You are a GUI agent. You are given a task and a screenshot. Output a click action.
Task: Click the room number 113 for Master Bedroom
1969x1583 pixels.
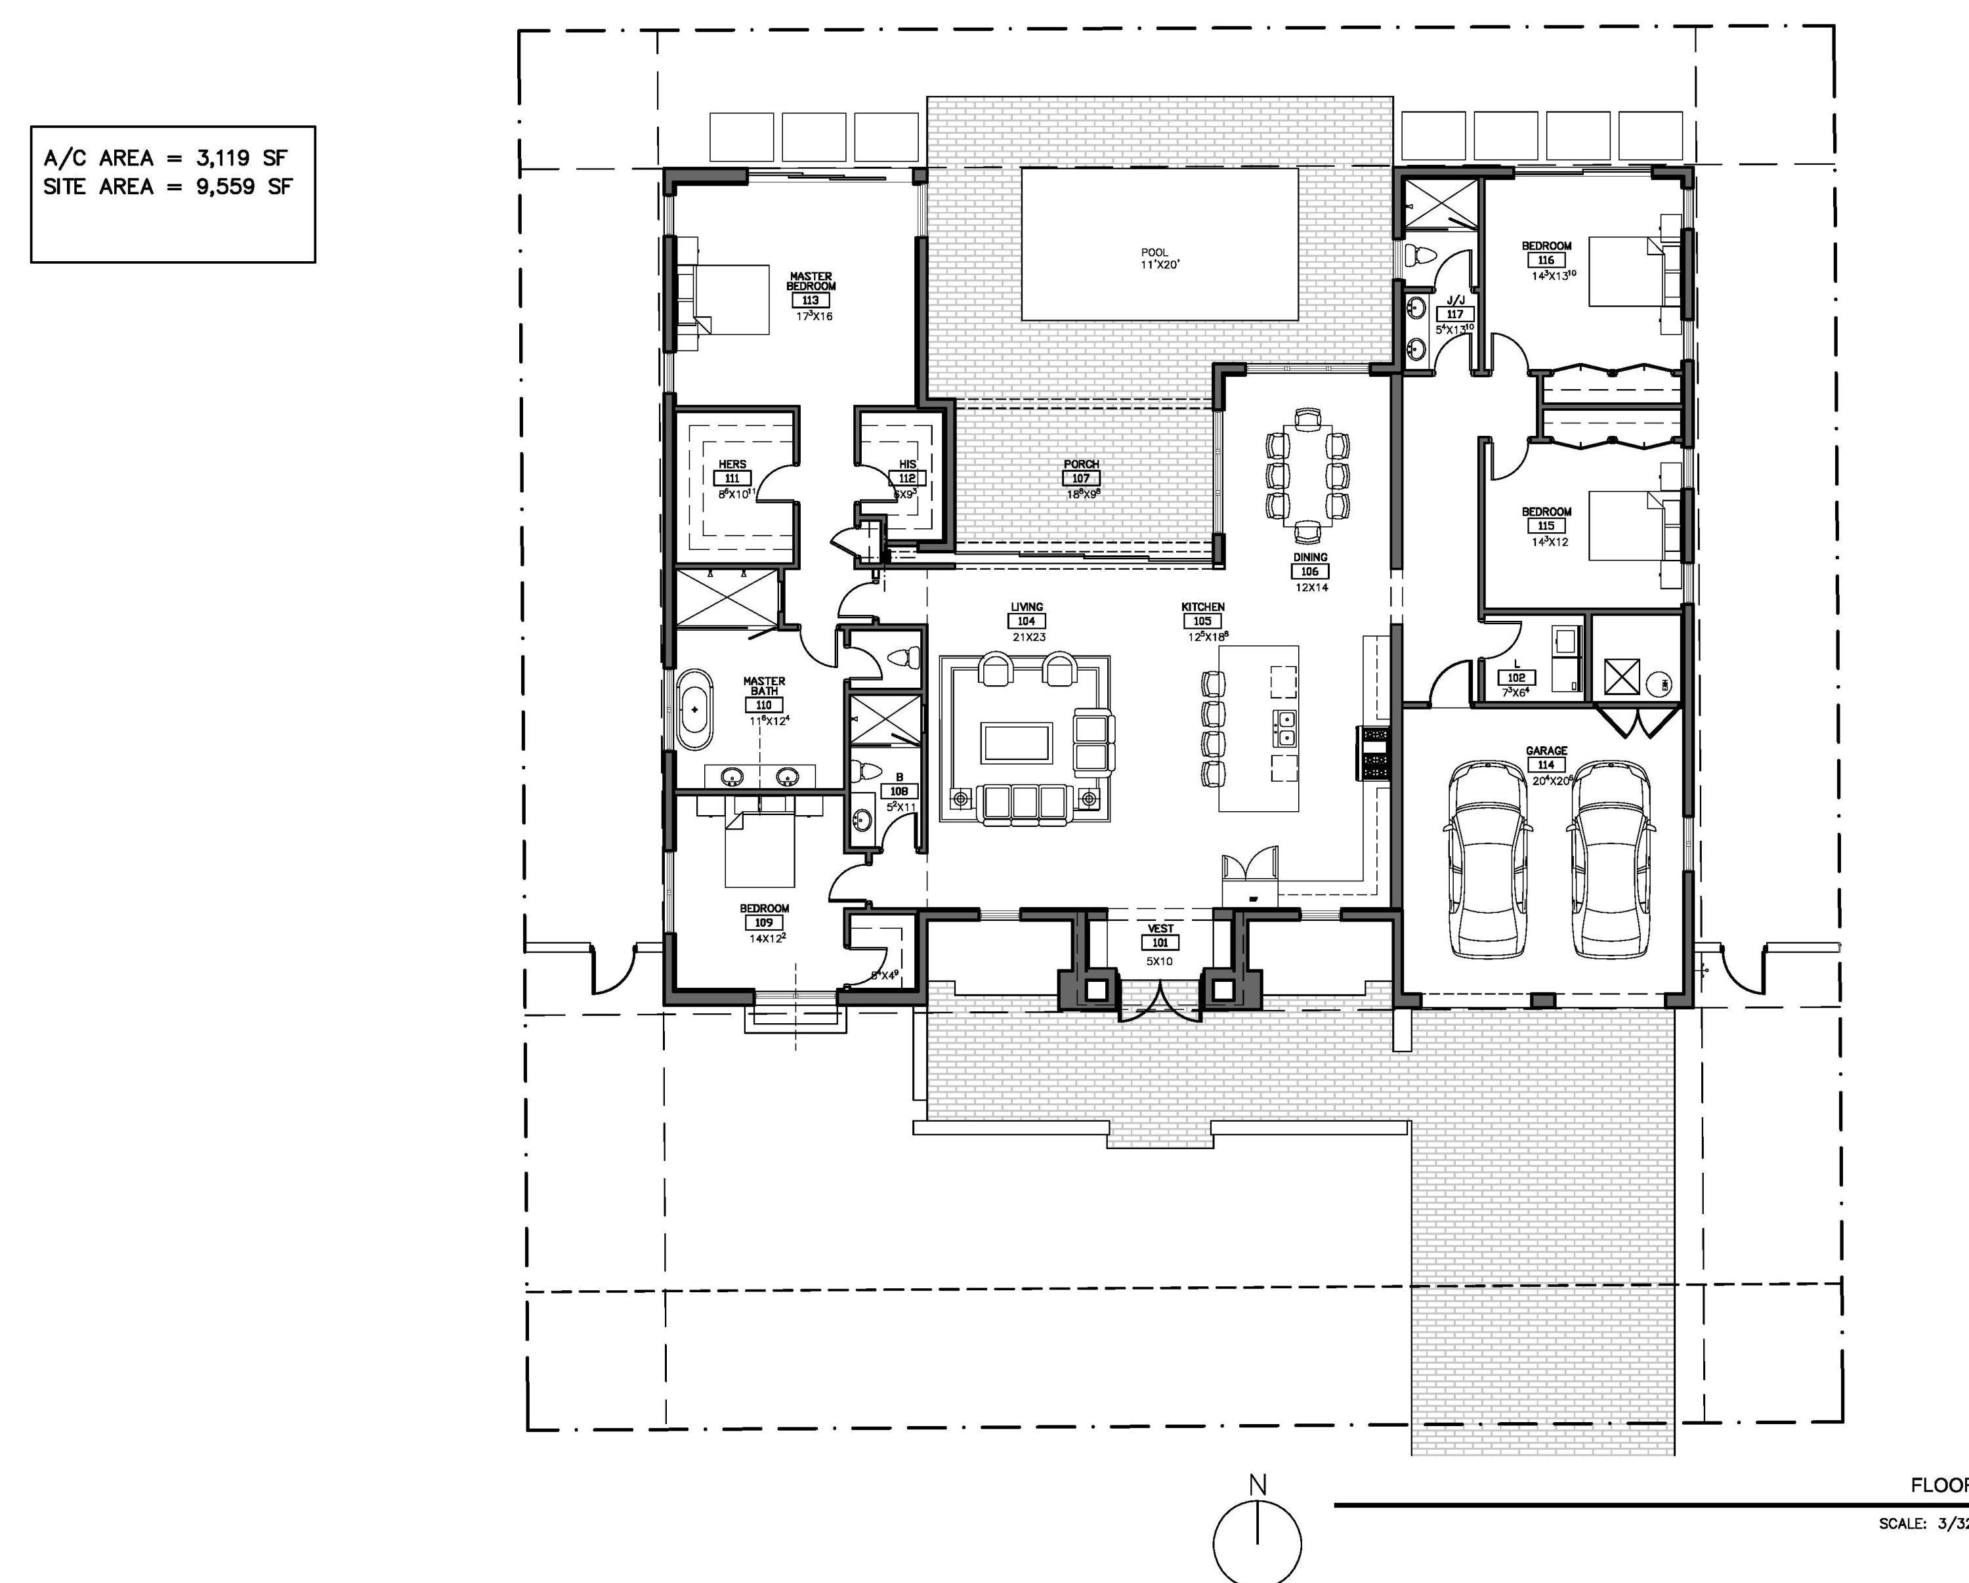(x=810, y=301)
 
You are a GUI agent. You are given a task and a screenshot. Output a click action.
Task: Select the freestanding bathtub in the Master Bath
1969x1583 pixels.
(x=695, y=709)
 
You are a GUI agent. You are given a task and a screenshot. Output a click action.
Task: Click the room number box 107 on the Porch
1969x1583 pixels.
(x=1080, y=478)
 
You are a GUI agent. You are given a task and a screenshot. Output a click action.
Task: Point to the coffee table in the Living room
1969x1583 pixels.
(x=1017, y=742)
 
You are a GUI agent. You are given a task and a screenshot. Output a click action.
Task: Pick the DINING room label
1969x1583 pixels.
(x=1309, y=557)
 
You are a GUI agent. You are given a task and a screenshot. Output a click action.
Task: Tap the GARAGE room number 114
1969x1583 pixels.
(x=1545, y=765)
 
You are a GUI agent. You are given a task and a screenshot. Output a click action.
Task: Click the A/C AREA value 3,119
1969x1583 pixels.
(x=224, y=158)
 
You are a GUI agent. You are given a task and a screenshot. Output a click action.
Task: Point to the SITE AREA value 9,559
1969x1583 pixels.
(x=224, y=186)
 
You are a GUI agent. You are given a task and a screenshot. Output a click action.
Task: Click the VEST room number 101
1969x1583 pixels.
(x=1159, y=942)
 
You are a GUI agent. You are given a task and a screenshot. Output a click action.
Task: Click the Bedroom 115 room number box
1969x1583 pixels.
(x=1545, y=526)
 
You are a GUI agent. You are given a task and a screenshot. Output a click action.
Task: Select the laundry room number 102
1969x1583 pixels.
(x=1516, y=678)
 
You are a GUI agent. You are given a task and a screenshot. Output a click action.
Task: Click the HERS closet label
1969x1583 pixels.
(x=732, y=464)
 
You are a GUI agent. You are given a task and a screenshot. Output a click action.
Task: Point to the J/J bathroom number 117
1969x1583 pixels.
(x=1455, y=314)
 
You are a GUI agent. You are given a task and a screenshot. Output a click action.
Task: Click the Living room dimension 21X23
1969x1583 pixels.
(x=1028, y=637)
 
